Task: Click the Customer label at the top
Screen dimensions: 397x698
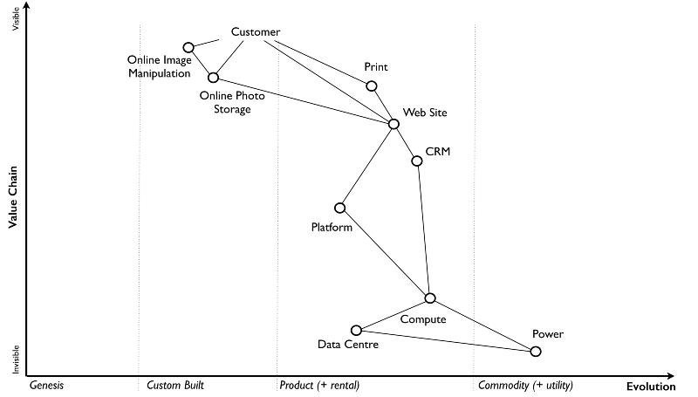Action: [256, 32]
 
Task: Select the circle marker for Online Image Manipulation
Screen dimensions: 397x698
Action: [188, 47]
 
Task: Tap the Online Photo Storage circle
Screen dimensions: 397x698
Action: [213, 78]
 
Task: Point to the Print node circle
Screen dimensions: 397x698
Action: [372, 86]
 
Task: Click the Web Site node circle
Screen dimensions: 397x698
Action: [393, 124]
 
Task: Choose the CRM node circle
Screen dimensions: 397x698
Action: [417, 161]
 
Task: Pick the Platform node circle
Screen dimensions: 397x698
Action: [339, 208]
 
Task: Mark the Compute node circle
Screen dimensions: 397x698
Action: [430, 298]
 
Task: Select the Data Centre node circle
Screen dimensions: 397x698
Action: [356, 330]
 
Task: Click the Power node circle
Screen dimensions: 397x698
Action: [536, 352]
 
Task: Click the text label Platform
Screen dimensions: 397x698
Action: [332, 228]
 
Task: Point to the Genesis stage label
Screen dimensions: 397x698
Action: [47, 385]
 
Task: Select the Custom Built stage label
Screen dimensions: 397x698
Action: [175, 385]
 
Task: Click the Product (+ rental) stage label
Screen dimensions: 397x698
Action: [319, 385]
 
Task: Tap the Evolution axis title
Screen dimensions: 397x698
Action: [651, 386]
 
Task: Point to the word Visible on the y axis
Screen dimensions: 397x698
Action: [14, 19]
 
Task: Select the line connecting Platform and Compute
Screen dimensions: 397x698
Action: [385, 253]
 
